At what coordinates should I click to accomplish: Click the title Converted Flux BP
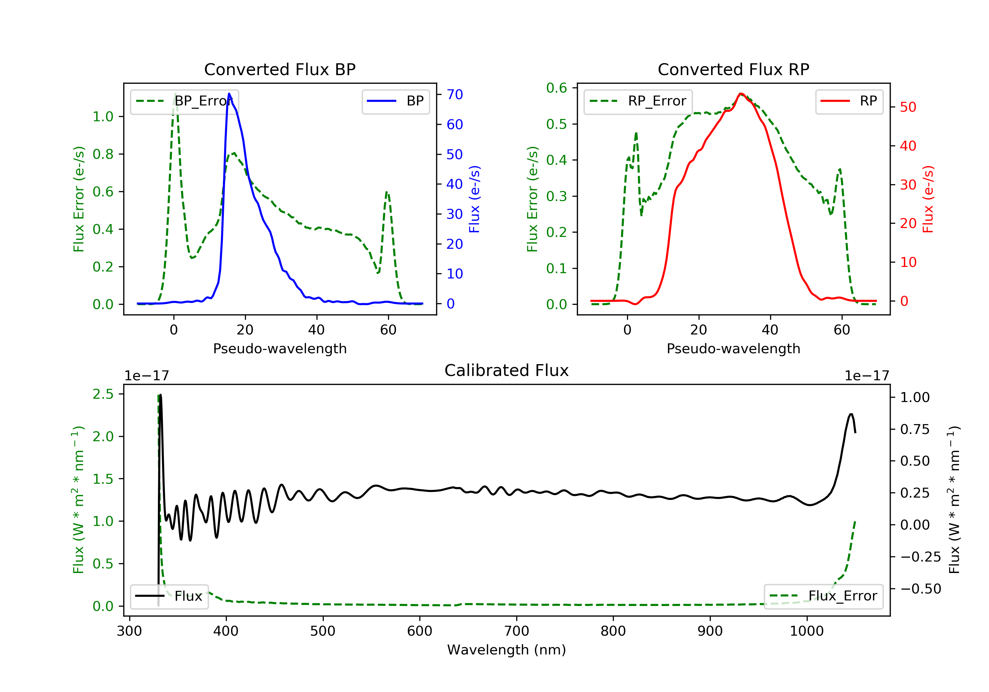(x=280, y=69)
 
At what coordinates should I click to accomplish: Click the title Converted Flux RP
(x=733, y=69)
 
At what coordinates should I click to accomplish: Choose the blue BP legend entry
(x=395, y=101)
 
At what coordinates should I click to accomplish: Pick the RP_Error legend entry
(x=638, y=101)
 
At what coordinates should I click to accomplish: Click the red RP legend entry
(x=849, y=101)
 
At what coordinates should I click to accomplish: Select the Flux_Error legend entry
(x=823, y=596)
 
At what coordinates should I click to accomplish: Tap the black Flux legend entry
(x=169, y=596)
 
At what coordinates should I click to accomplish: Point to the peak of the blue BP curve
(x=229, y=94)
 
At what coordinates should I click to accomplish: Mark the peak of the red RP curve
(x=741, y=94)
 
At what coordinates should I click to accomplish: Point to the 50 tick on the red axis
(x=908, y=107)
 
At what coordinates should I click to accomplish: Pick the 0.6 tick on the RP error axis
(x=556, y=88)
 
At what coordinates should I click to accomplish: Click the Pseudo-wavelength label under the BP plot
(x=280, y=348)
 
